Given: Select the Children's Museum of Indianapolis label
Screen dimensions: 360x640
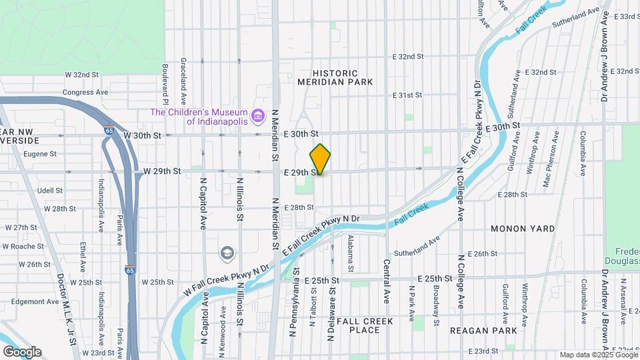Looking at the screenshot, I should pyautogui.click(x=199, y=117).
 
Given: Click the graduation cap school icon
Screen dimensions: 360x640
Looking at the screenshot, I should pyautogui.click(x=227, y=253).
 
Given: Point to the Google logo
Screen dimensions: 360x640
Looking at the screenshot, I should pyautogui.click(x=21, y=351).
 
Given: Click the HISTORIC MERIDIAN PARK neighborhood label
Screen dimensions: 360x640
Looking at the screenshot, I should pyautogui.click(x=344, y=77).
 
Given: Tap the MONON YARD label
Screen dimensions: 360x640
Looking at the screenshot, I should pyautogui.click(x=523, y=229).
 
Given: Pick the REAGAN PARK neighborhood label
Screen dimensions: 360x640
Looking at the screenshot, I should pyautogui.click(x=483, y=331).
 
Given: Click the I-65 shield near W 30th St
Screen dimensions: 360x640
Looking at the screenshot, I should pyautogui.click(x=108, y=131).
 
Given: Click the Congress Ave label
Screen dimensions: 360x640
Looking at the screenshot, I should pyautogui.click(x=85, y=92).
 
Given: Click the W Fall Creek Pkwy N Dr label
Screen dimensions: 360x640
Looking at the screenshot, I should pyautogui.click(x=226, y=280).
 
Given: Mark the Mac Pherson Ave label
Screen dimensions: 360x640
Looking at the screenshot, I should pyautogui.click(x=546, y=159).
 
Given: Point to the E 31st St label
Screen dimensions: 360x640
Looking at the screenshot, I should pyautogui.click(x=407, y=95).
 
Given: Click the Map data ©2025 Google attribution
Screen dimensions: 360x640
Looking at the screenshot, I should pyautogui.click(x=597, y=355).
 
